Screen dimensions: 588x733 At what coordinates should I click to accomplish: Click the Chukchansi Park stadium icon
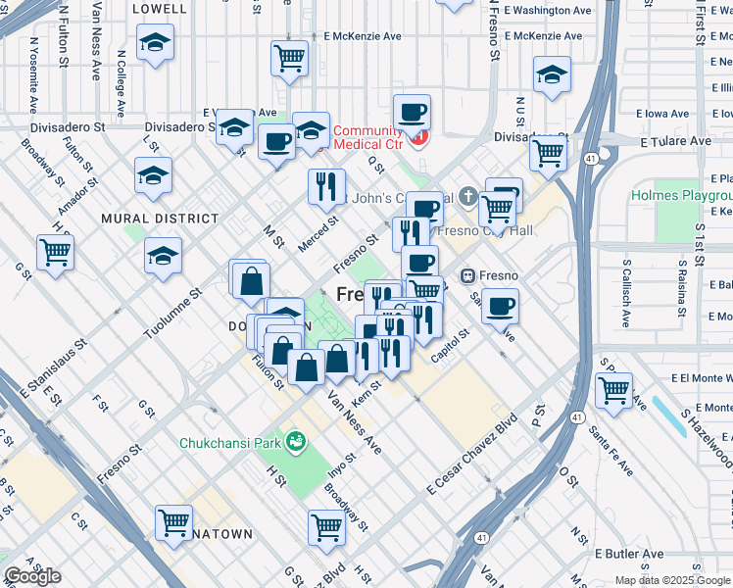click(x=295, y=443)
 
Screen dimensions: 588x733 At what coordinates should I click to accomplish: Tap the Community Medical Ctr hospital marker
click(x=419, y=138)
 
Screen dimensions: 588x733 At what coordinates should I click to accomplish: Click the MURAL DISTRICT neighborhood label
click(x=160, y=219)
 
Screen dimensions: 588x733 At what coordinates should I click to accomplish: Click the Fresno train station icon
click(x=467, y=275)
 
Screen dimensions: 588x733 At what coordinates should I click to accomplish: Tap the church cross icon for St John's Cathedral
click(x=469, y=196)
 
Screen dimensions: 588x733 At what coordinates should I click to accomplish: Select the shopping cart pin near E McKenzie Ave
click(x=289, y=58)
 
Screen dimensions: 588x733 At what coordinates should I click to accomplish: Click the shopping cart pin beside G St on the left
click(x=56, y=251)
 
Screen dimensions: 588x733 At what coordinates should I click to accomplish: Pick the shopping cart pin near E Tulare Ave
click(x=548, y=152)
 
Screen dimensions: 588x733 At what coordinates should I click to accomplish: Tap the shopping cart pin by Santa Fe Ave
click(x=614, y=388)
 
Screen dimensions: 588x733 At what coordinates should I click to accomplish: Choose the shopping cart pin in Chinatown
click(x=173, y=521)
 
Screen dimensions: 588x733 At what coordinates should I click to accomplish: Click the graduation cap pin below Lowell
click(x=154, y=43)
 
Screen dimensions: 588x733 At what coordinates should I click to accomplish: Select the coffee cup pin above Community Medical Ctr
click(x=412, y=111)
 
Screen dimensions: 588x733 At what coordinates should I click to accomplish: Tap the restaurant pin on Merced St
click(x=326, y=185)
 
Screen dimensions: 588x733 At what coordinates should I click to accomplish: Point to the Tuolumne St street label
click(x=171, y=315)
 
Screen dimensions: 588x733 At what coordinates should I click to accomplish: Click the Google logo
click(x=32, y=576)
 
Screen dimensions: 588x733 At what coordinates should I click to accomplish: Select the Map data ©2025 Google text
click(x=671, y=580)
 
